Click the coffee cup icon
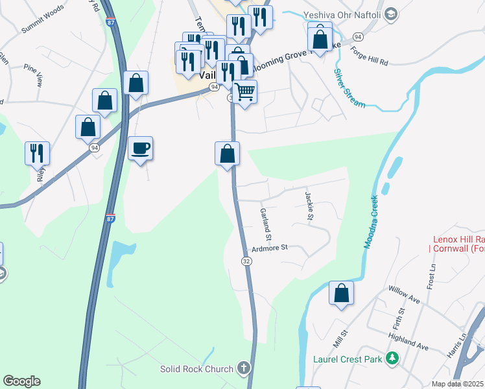(x=141, y=148)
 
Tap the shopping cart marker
(x=244, y=92)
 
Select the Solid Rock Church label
(x=196, y=370)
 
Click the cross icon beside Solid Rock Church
(x=243, y=369)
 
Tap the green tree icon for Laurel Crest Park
(x=392, y=358)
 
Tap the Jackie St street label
(x=310, y=202)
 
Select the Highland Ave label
(x=408, y=342)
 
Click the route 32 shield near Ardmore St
(x=246, y=261)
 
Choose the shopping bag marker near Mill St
(x=341, y=293)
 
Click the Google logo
(x=21, y=381)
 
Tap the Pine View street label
(x=32, y=75)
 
